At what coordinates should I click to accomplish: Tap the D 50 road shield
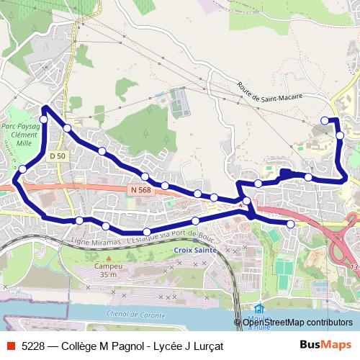point(58,156)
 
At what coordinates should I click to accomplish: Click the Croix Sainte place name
point(195,251)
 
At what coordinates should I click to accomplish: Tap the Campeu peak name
point(109,266)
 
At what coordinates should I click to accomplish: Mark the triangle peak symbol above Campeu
point(109,256)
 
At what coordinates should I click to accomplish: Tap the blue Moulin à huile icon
point(258,309)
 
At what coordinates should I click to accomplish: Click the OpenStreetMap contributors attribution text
point(297,323)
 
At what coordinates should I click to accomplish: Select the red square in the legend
point(10,346)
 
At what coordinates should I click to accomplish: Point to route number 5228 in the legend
point(34,346)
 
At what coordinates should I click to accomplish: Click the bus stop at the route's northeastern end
point(325,120)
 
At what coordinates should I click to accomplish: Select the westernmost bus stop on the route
point(22,169)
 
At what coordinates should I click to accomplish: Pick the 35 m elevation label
point(109,275)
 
